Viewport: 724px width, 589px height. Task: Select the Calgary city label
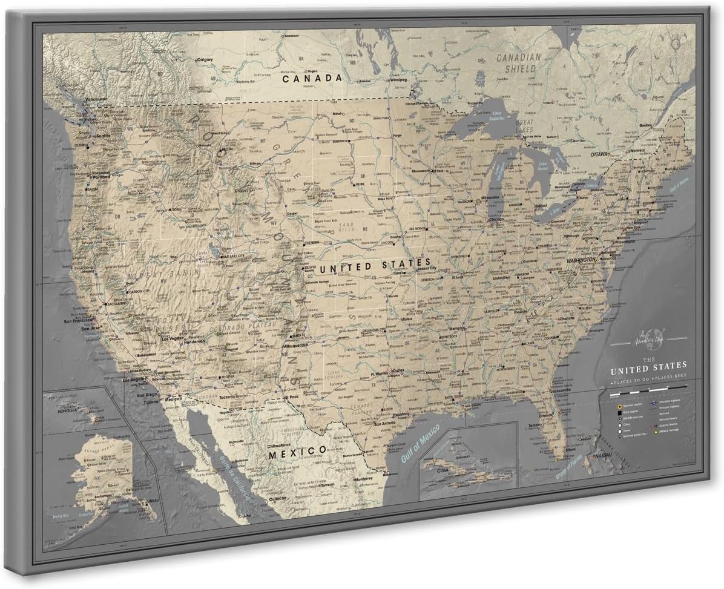(205, 60)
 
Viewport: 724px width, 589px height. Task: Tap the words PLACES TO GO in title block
(631, 384)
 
